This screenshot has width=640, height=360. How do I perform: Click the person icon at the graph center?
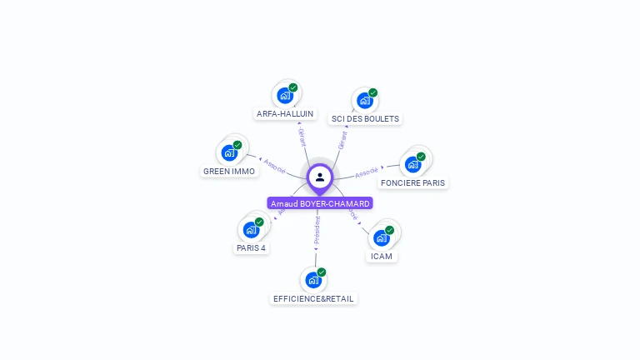pos(320,177)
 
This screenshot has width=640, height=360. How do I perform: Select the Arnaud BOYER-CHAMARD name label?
pos(320,203)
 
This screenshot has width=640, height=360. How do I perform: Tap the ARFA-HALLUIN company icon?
pos(285,95)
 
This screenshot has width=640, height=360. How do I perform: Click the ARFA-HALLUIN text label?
pos(285,113)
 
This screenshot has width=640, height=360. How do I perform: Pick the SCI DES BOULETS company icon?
pos(364,101)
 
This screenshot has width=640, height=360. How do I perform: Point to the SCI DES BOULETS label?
pos(365,119)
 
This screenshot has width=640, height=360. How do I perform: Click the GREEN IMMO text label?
pos(229,172)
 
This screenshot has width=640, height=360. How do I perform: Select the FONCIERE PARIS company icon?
pos(412,164)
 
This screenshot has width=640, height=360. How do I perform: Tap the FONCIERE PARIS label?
pos(412,182)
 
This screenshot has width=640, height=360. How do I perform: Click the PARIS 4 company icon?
pos(251,230)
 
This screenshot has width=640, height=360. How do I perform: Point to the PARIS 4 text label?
pos(251,248)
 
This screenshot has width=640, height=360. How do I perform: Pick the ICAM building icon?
pos(381,237)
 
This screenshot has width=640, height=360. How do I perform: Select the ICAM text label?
pos(381,256)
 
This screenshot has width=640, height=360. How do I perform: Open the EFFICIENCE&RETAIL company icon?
pos(312,280)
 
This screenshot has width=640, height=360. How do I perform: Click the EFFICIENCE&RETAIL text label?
pos(313,298)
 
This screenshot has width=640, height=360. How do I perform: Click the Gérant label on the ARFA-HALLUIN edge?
pos(302,137)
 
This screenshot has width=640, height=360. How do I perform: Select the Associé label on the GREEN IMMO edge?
pos(274,166)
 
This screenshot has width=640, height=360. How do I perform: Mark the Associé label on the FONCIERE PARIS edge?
pos(366,172)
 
